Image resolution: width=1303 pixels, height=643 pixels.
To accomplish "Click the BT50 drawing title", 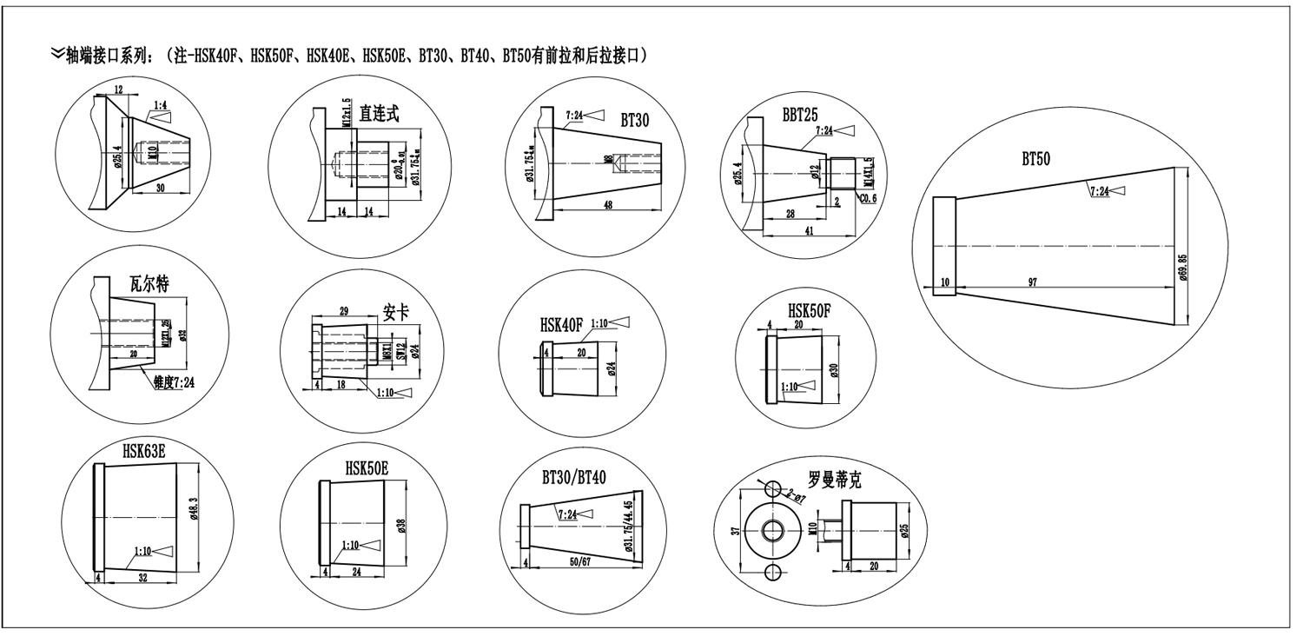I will click(1035, 159).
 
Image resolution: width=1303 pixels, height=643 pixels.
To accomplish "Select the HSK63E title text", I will click(144, 450).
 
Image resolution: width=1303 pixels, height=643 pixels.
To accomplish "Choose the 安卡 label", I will click(395, 312).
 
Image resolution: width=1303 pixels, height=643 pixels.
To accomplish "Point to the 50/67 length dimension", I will click(581, 563).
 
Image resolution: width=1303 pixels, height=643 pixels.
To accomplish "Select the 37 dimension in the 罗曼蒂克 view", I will click(734, 531).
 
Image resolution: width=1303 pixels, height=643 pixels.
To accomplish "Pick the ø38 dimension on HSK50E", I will click(401, 525).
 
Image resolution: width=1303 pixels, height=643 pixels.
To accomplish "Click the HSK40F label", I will click(560, 325).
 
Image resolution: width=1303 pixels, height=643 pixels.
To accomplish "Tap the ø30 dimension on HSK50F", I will click(834, 369).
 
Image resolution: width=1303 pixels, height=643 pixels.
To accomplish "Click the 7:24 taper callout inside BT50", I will click(1099, 190).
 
